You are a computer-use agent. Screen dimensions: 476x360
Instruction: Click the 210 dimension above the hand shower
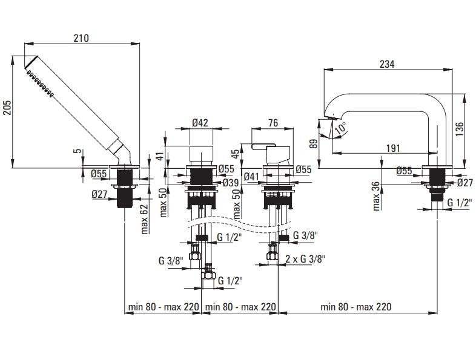tap(81, 38)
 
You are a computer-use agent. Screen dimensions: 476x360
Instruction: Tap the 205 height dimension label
tap(7, 108)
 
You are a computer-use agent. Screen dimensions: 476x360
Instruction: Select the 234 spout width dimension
tap(387, 64)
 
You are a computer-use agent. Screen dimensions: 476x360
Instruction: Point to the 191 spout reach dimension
tap(393, 148)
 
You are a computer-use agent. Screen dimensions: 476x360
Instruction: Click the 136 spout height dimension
tap(459, 129)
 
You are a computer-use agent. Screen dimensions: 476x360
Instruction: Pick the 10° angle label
tap(340, 128)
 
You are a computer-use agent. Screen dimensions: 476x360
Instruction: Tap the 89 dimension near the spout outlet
tap(314, 143)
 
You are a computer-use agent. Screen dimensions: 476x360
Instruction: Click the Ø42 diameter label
tap(200, 123)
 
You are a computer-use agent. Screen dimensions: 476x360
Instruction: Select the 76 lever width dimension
tap(273, 123)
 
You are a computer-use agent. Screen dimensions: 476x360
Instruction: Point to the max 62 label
tap(145, 219)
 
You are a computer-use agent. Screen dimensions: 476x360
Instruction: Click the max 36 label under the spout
tap(376, 196)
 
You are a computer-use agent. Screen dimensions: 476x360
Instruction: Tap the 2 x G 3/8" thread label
tap(305, 259)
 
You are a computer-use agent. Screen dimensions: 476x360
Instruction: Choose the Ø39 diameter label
tap(230, 183)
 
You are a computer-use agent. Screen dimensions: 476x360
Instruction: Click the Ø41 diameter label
tap(251, 177)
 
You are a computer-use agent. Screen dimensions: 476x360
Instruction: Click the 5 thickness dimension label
tap(78, 151)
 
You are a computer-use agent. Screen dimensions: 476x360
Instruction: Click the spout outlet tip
tap(331, 117)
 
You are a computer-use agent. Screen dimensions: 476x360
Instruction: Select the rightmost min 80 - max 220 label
tap(355, 307)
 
